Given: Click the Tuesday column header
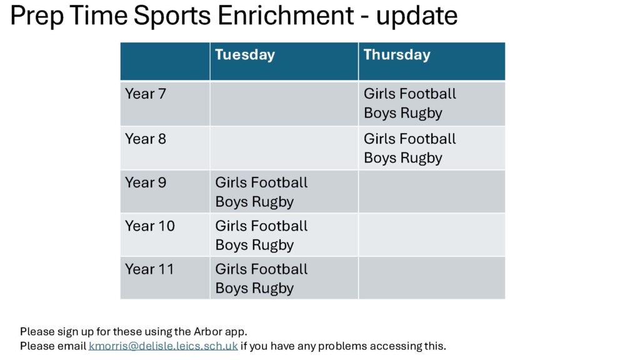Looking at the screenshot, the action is (245, 55).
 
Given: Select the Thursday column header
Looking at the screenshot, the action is (397, 55).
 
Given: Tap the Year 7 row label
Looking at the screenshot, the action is (145, 94).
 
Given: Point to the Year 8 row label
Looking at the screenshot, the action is (145, 139).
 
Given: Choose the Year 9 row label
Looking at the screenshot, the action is (145, 182).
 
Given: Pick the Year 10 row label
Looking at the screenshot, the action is (150, 226).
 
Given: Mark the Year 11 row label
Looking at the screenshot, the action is (149, 269).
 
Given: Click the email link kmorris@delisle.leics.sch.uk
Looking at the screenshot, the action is (163, 346).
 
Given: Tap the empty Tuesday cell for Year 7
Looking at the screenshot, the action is (284, 104).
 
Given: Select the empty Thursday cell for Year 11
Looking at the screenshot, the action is (432, 278).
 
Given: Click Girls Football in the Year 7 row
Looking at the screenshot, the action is (410, 94).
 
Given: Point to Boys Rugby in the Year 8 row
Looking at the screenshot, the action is (403, 158).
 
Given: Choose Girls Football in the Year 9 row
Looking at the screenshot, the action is (261, 182).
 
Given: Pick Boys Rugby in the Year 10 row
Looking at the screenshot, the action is (254, 245).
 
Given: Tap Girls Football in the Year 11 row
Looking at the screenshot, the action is (261, 269).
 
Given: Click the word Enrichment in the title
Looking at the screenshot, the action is (286, 16).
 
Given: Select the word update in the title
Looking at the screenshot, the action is (417, 16).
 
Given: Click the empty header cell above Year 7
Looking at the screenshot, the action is (165, 61).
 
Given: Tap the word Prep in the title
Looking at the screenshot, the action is (37, 16).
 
